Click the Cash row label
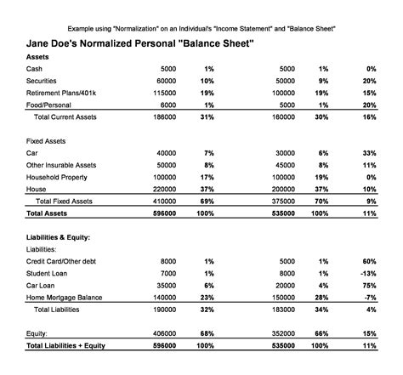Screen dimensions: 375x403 [x=36, y=67]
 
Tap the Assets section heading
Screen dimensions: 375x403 [x=39, y=55]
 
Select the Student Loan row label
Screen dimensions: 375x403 [x=48, y=274]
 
